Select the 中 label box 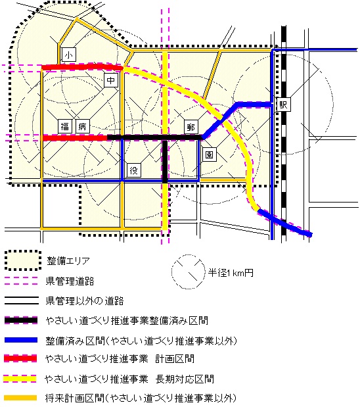[112, 81]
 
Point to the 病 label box [82, 127]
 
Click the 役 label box [134, 170]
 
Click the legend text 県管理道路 [69, 281]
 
